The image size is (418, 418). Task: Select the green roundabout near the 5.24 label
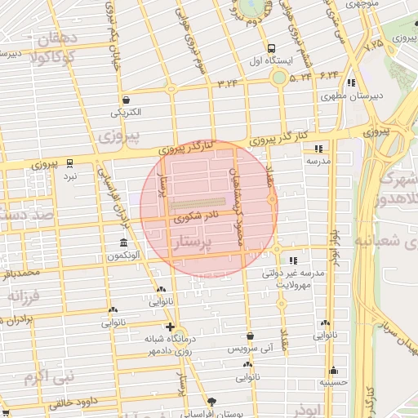(x=279, y=78)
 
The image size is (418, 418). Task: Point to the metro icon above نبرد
(x=70, y=162)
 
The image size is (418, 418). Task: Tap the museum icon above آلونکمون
(x=122, y=243)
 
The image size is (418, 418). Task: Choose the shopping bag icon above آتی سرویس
(x=251, y=336)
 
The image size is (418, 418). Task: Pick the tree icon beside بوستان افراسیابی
(x=213, y=401)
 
